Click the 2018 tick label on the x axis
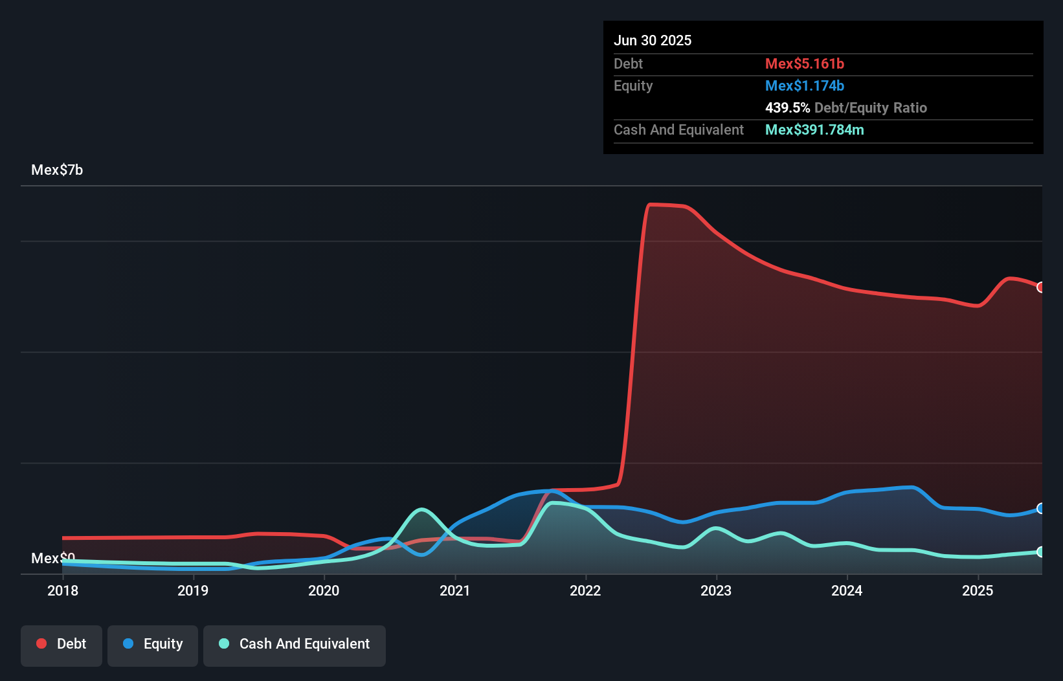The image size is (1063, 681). pos(63,590)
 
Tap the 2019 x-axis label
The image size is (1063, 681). pos(193,590)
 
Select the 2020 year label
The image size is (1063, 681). pos(324,590)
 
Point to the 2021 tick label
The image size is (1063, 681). pos(455,590)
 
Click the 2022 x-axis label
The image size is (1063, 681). pos(585,590)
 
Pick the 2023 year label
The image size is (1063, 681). pos(716,590)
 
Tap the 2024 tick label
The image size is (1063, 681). pos(847,590)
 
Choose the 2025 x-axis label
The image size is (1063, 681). pos(978,590)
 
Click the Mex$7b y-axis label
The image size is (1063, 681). pos(57,170)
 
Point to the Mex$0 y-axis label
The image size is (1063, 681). pos(53,558)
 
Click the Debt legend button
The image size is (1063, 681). pos(62,644)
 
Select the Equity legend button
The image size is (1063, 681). pos(153,644)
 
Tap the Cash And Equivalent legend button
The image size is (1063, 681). pos(295,644)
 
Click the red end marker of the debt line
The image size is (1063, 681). pos(1040,287)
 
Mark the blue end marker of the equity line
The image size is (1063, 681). pos(1040,508)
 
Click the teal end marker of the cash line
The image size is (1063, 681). pos(1040,552)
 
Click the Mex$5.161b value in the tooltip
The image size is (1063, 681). pos(805,64)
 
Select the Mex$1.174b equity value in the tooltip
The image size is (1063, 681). pos(805,86)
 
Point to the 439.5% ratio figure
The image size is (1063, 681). pos(787,108)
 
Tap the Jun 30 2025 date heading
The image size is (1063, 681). pos(653,41)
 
